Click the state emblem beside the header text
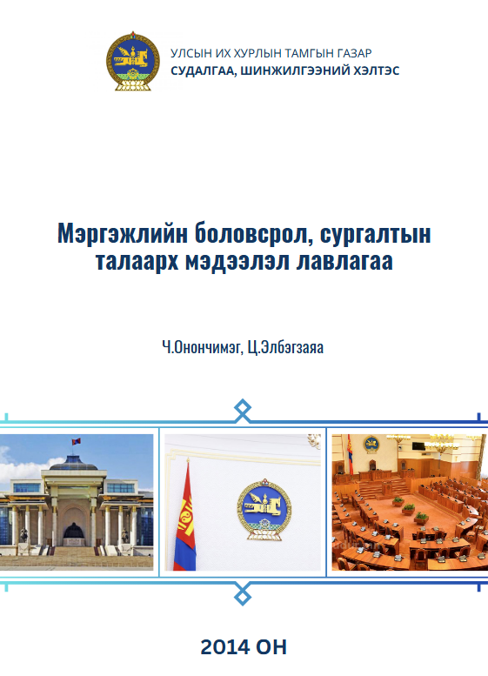click(x=132, y=61)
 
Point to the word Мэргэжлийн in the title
click(x=123, y=234)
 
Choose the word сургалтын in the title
click(x=375, y=235)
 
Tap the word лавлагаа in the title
click(x=344, y=261)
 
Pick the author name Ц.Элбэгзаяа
click(x=285, y=347)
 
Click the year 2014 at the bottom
click(x=225, y=647)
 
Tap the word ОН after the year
click(x=271, y=647)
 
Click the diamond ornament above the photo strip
click(x=243, y=410)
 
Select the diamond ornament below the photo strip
click(x=243, y=596)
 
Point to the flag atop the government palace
click(x=76, y=441)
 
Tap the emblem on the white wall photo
click(x=264, y=509)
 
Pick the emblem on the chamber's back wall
click(x=371, y=444)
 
